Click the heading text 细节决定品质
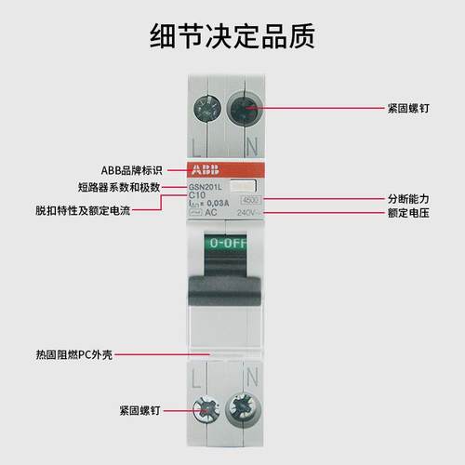pos(232,34)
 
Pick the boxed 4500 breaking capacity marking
pos(250,200)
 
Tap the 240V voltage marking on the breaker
pos(247,213)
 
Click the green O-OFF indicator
pos(229,243)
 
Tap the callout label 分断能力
pos(408,199)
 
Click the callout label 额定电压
pos(408,213)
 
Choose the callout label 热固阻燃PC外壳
pos(71,354)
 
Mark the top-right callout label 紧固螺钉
pos(408,107)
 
